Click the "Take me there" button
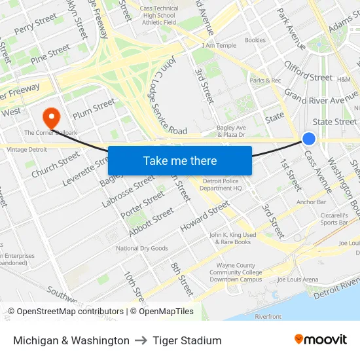pyautogui.click(x=179, y=160)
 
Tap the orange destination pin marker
pyautogui.click(x=50, y=117)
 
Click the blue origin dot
pyautogui.click(x=309, y=138)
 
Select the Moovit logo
pyautogui.click(x=320, y=340)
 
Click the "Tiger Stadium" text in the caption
pyautogui.click(x=187, y=340)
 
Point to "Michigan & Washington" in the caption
pyautogui.click(x=71, y=340)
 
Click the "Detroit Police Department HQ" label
pyautogui.click(x=222, y=185)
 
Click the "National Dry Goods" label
pyautogui.click(x=142, y=248)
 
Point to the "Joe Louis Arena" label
pyautogui.click(x=297, y=279)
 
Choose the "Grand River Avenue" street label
pyautogui.click(x=321, y=100)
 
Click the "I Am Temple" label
pyautogui.click(x=219, y=45)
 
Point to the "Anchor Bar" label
pyautogui.click(x=311, y=202)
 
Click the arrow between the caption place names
pyautogui.click(x=141, y=340)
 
